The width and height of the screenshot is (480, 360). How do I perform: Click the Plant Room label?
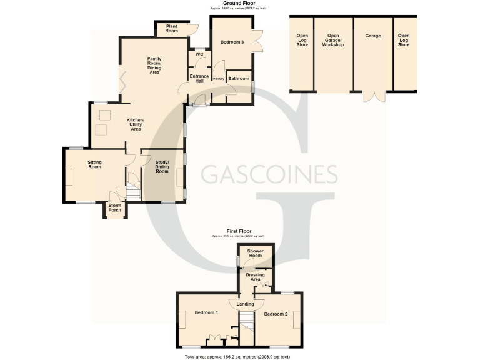click(172, 28)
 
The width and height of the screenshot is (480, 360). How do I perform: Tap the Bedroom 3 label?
click(232, 42)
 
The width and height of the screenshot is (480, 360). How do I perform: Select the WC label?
click(199, 54)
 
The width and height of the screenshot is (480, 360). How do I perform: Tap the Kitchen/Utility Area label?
click(136, 123)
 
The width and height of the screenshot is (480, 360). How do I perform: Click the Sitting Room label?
click(94, 164)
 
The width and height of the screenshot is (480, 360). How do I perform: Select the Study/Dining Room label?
click(162, 167)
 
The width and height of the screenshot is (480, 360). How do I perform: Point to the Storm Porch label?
click(114, 207)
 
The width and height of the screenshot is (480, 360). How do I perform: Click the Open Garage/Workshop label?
click(332, 41)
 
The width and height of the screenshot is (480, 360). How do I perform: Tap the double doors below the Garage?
click(374, 96)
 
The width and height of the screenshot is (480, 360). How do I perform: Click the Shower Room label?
click(255, 253)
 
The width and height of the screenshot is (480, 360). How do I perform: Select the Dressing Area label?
click(255, 277)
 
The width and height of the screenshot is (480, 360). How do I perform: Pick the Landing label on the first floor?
click(246, 304)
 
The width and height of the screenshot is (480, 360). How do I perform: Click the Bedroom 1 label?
click(206, 312)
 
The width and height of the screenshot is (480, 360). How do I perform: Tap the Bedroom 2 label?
click(276, 314)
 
